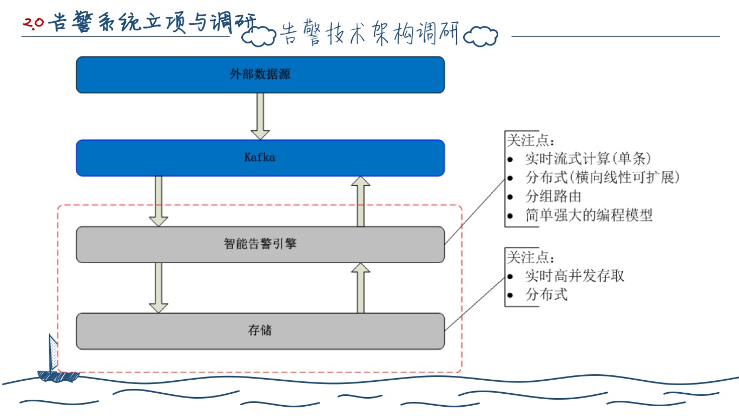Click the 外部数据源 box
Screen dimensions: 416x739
[x=260, y=75]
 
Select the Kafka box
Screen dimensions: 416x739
[x=260, y=158]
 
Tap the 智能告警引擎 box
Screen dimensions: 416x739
[x=260, y=244]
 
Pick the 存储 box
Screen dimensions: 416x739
[x=260, y=330]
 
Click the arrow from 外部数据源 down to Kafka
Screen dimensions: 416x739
[x=260, y=116]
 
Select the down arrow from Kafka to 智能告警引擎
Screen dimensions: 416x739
[x=159, y=200]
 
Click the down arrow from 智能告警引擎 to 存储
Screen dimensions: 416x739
[x=159, y=287]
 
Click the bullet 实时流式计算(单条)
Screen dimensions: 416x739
[x=588, y=159]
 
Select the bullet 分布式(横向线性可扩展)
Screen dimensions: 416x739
[x=602, y=178]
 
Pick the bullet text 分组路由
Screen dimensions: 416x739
[x=553, y=196]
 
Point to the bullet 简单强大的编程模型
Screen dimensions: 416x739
[x=589, y=215]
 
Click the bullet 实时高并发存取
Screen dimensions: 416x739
[x=575, y=276]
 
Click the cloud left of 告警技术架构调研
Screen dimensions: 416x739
[x=259, y=36]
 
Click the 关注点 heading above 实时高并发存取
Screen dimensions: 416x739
[x=530, y=257]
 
